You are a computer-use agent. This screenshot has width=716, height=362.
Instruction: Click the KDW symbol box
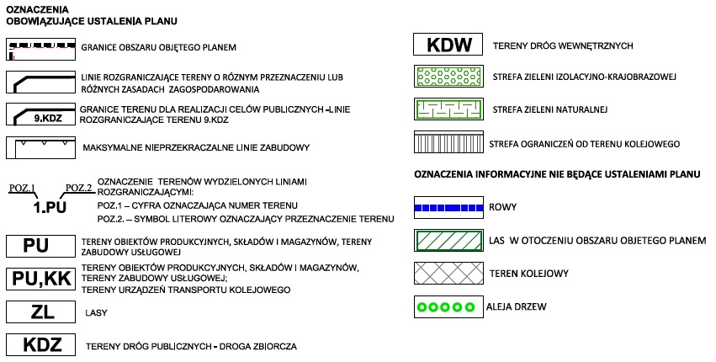click(448, 45)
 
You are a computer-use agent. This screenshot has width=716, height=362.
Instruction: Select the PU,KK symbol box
click(40, 279)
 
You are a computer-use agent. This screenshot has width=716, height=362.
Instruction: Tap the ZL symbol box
click(40, 312)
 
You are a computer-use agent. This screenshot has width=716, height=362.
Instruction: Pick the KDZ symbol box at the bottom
click(40, 344)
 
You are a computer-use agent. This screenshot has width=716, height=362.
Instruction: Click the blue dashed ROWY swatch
click(448, 208)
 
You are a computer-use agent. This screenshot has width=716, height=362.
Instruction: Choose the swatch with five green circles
click(448, 307)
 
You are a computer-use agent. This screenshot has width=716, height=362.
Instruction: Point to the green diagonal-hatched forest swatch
click(448, 241)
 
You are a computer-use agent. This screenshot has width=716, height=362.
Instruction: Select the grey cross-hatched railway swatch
click(448, 274)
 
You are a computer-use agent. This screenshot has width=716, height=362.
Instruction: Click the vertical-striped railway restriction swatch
click(448, 142)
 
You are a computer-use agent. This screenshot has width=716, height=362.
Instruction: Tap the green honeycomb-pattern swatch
click(448, 77)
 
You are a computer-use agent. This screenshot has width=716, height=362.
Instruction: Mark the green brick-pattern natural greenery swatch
click(448, 109)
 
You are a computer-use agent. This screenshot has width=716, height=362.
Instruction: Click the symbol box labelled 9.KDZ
click(40, 114)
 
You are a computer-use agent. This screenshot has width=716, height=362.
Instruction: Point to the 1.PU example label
click(50, 207)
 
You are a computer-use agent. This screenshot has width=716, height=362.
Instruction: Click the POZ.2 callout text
click(78, 188)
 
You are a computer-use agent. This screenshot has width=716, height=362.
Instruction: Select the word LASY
click(97, 313)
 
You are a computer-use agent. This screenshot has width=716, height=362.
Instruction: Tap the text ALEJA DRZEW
click(516, 306)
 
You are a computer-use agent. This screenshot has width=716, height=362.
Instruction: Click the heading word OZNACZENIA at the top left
click(38, 9)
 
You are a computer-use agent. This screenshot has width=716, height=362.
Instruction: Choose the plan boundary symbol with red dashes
click(40, 50)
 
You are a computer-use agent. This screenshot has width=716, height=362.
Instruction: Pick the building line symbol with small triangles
click(40, 147)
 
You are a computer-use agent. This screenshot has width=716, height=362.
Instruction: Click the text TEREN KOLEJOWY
click(528, 274)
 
